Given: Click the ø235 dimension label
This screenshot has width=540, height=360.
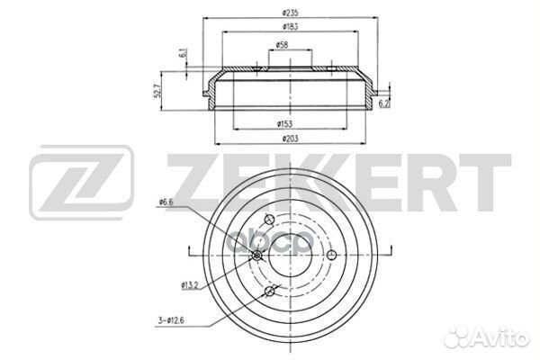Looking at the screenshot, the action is click(290, 13).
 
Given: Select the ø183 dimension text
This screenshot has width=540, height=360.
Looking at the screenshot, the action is click(290, 26).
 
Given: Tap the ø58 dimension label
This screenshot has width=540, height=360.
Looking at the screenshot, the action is click(282, 45).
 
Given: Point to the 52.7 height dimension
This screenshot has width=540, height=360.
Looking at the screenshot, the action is click(157, 91).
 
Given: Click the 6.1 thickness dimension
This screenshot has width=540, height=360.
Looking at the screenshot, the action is click(183, 53).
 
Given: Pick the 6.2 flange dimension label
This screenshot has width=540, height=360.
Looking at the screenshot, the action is click(384, 103).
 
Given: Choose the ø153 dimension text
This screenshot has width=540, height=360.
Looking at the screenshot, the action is click(284, 124).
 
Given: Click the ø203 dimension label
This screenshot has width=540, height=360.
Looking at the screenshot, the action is click(290, 139).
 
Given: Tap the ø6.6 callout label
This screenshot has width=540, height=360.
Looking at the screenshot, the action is click(166, 202).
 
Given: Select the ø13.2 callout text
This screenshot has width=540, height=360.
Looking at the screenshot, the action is click(190, 285).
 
